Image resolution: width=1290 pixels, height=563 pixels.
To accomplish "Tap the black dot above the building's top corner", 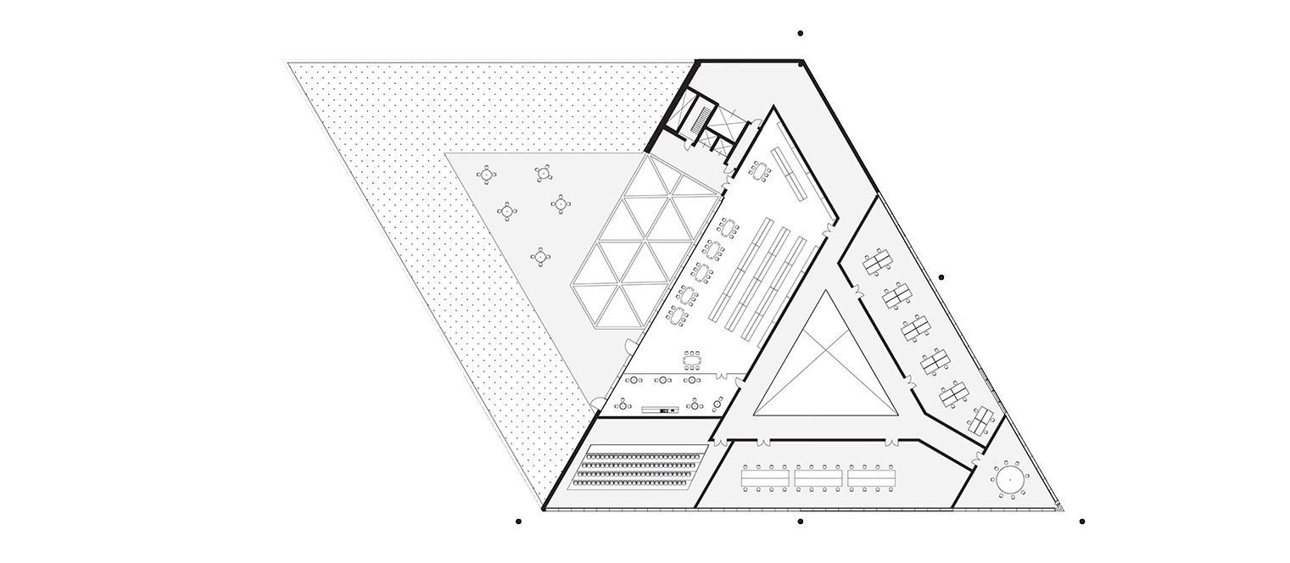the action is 801,34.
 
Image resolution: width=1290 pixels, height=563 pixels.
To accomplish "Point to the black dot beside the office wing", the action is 941,277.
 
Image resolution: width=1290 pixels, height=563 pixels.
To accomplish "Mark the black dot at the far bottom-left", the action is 519,521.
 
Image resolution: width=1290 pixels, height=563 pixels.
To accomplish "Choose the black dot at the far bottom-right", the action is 1082,521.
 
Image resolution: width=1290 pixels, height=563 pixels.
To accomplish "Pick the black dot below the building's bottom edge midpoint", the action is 801,521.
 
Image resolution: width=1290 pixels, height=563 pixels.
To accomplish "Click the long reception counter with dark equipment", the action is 659,410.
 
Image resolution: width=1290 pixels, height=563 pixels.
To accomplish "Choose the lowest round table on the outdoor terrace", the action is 539,255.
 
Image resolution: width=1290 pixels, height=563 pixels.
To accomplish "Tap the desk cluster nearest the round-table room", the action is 982,419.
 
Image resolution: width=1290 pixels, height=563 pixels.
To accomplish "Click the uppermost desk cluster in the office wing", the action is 875,264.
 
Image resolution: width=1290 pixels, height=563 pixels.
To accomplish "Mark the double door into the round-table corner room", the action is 978,458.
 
